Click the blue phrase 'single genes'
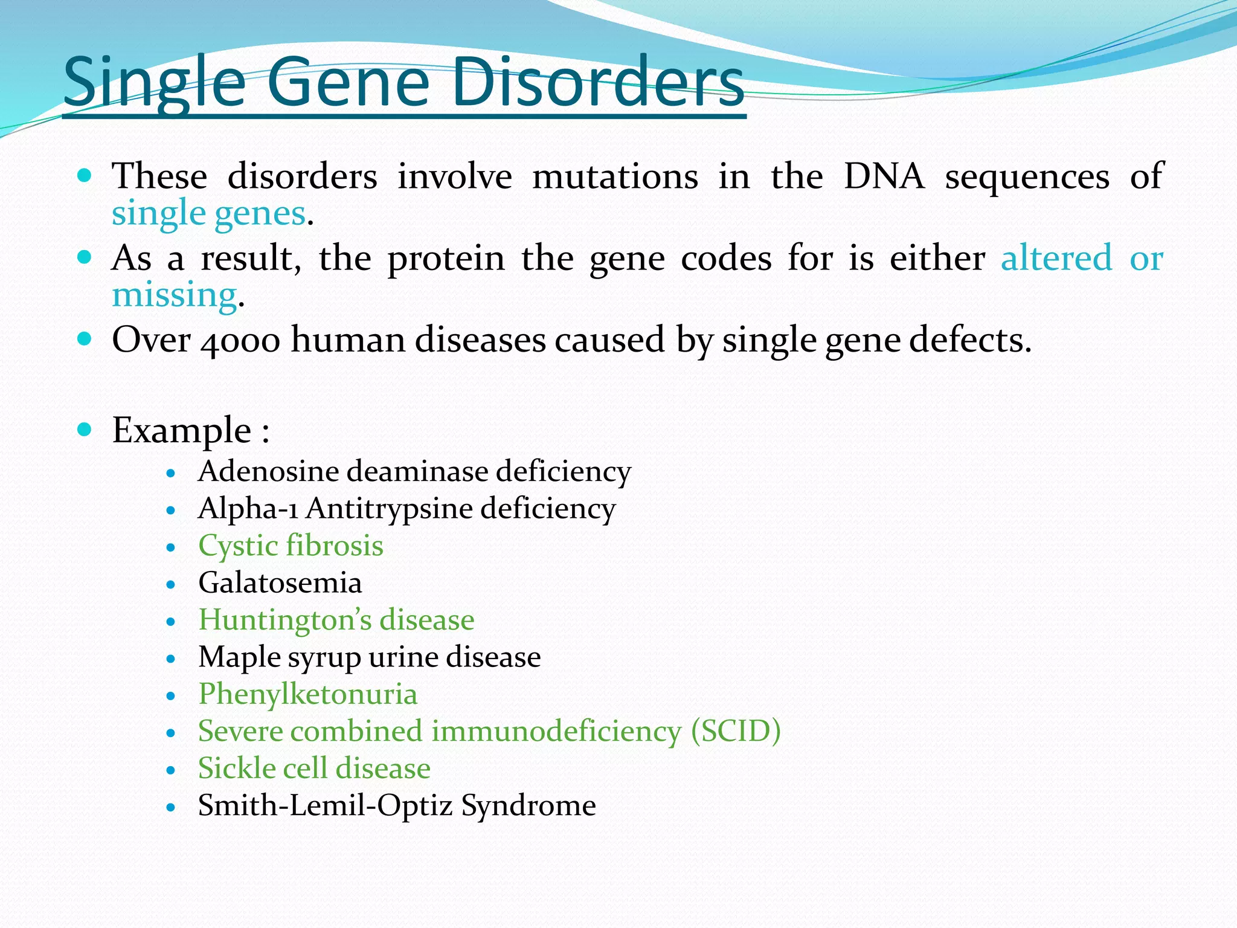point(208,214)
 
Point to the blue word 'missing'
point(174,295)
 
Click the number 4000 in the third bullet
point(240,341)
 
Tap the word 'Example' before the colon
point(181,431)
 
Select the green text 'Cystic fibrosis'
point(291,546)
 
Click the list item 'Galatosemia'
point(280,583)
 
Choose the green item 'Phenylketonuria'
point(307,694)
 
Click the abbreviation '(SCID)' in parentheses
point(736,731)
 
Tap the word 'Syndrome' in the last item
point(529,806)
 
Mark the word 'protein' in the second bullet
point(446,259)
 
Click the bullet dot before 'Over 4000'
point(85,338)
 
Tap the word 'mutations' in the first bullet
point(615,176)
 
